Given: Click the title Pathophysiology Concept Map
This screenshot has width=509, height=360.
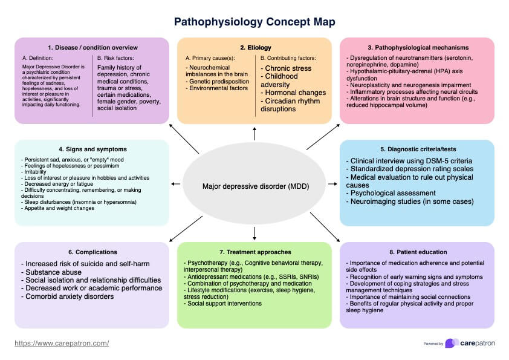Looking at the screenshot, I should pos(254,22).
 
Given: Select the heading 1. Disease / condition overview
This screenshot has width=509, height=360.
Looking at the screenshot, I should pos(92,47).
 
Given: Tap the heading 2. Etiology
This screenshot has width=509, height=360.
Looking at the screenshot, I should pos(254,47).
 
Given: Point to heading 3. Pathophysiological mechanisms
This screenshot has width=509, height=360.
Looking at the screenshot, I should pos(417,47).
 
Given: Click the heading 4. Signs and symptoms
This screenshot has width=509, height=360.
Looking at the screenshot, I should pos(92,149).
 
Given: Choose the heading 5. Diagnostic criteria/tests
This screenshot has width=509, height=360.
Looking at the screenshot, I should pos(417,149).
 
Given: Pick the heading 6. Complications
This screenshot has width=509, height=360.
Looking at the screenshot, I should pos(92,252).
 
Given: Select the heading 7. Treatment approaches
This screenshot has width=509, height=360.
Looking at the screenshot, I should pos(254,252).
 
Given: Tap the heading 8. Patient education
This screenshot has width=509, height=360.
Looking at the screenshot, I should pos(417,252).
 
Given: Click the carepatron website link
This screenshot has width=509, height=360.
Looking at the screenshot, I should pos(62,343).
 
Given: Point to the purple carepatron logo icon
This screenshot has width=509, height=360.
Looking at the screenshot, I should pos(451,343).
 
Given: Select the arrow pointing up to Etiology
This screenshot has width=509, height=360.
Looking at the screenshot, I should pos(254,134).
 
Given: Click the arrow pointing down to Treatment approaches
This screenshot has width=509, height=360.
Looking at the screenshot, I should pos(254,232).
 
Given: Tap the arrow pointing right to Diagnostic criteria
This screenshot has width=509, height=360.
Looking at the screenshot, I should pos(332,183).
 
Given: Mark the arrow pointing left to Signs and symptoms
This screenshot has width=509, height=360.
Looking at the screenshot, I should pos(176,183).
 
